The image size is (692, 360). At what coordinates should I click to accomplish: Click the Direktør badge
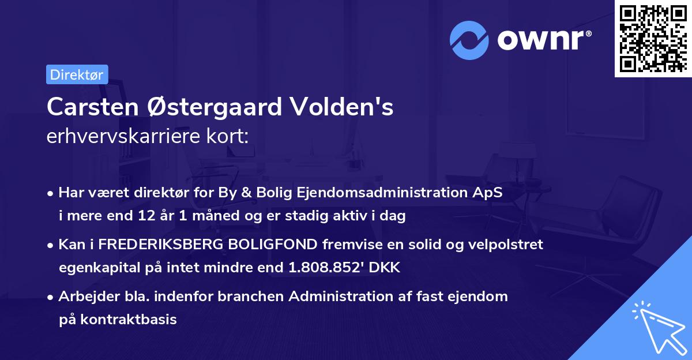76,74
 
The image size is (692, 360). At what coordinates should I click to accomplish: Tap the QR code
653,38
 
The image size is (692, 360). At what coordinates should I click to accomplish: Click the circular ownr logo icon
469,40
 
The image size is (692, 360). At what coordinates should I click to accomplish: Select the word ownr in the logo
544,40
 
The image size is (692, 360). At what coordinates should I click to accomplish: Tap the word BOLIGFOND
273,245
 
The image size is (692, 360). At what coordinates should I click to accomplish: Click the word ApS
490,193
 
